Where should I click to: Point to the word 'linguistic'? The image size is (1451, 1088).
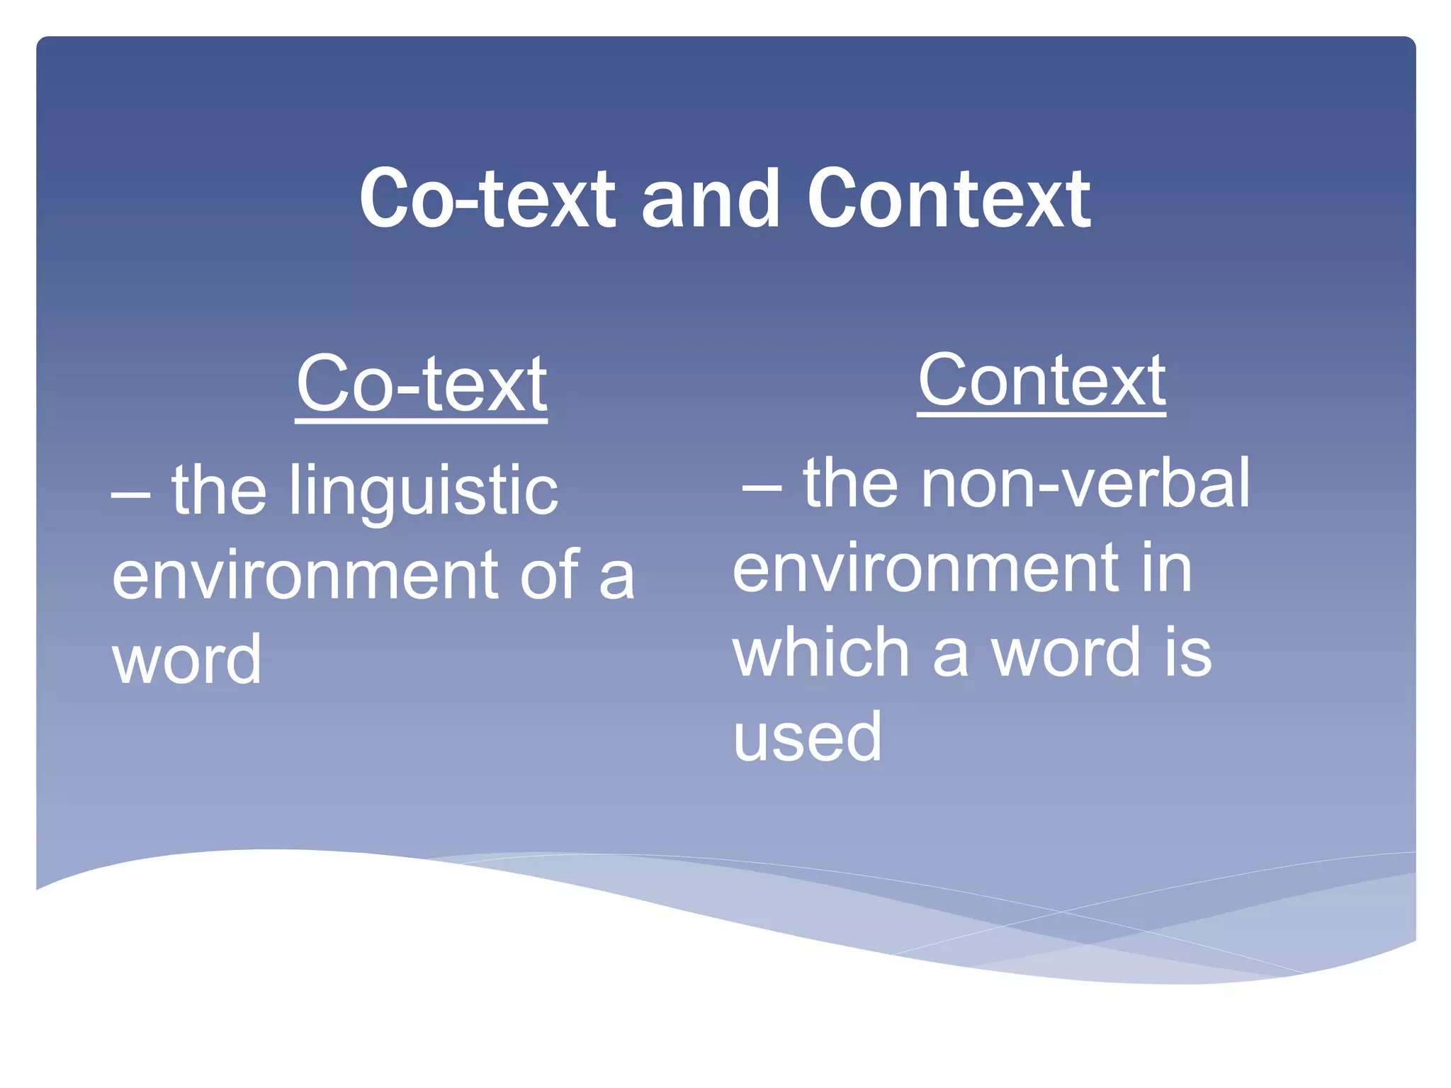[423, 490]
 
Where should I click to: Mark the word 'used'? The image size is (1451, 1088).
[807, 737]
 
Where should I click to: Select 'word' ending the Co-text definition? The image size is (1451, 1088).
[187, 659]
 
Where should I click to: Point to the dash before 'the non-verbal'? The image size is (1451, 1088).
[762, 488]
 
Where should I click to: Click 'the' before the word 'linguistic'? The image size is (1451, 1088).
[219, 490]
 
